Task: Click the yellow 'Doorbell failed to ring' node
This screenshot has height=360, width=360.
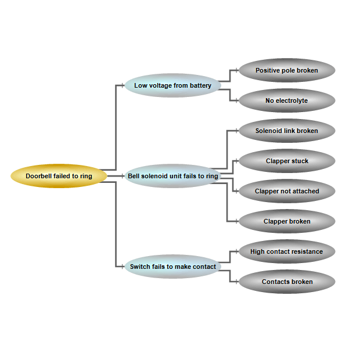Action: tap(59, 176)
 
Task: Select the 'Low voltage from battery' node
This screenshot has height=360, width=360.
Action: tap(172, 85)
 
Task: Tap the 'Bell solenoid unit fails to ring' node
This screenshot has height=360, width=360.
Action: tap(172, 176)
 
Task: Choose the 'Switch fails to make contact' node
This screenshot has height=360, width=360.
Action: tap(172, 267)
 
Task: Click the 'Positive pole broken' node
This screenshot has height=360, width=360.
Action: tap(287, 70)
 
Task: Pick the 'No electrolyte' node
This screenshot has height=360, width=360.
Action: tap(287, 100)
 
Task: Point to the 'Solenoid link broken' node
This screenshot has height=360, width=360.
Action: tap(287, 131)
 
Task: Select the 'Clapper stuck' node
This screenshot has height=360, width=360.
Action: tap(287, 161)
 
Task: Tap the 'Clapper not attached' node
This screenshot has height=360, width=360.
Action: tap(287, 191)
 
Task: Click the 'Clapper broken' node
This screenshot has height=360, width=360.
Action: tap(287, 221)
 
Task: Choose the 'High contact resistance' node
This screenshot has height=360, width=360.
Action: tap(287, 251)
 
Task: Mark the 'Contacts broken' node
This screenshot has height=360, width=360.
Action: tap(287, 282)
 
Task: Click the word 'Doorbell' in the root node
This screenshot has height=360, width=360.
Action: tap(38, 176)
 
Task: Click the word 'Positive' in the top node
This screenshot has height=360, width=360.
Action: tap(268, 70)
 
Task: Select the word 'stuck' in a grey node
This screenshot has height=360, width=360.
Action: tap(300, 161)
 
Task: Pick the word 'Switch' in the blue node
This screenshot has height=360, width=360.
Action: tap(140, 267)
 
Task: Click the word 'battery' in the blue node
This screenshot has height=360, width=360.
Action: tap(200, 85)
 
